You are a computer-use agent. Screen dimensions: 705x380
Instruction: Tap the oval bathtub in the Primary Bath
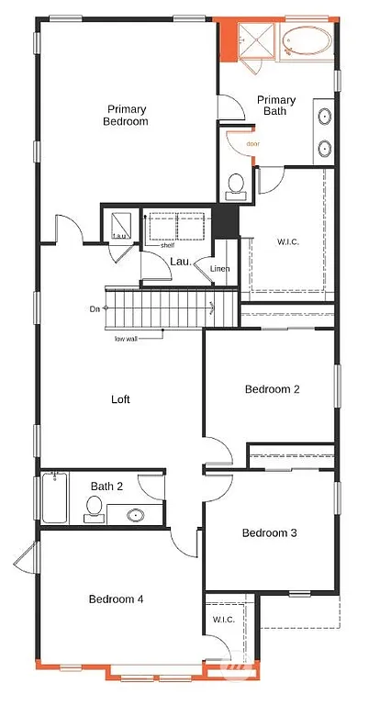308,42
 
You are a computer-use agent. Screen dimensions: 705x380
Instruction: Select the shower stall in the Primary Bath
251,41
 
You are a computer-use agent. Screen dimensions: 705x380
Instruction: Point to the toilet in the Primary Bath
236,184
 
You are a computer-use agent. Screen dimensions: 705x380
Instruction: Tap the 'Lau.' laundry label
180,262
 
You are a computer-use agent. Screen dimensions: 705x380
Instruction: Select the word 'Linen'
219,268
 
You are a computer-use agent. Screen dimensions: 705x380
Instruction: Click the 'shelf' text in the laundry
166,245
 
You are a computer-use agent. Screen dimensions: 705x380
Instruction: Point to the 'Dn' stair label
95,308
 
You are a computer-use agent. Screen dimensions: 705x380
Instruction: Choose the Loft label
121,399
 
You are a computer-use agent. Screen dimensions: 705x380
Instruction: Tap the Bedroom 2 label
273,389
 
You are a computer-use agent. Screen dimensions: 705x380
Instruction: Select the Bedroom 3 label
270,532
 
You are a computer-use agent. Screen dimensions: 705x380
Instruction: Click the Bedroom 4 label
116,599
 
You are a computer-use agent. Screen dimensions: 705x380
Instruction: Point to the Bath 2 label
106,487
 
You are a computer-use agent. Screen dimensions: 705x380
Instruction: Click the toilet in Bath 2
94,508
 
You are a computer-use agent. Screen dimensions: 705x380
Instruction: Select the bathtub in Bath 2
54,498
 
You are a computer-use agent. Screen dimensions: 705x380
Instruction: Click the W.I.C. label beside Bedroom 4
224,620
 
